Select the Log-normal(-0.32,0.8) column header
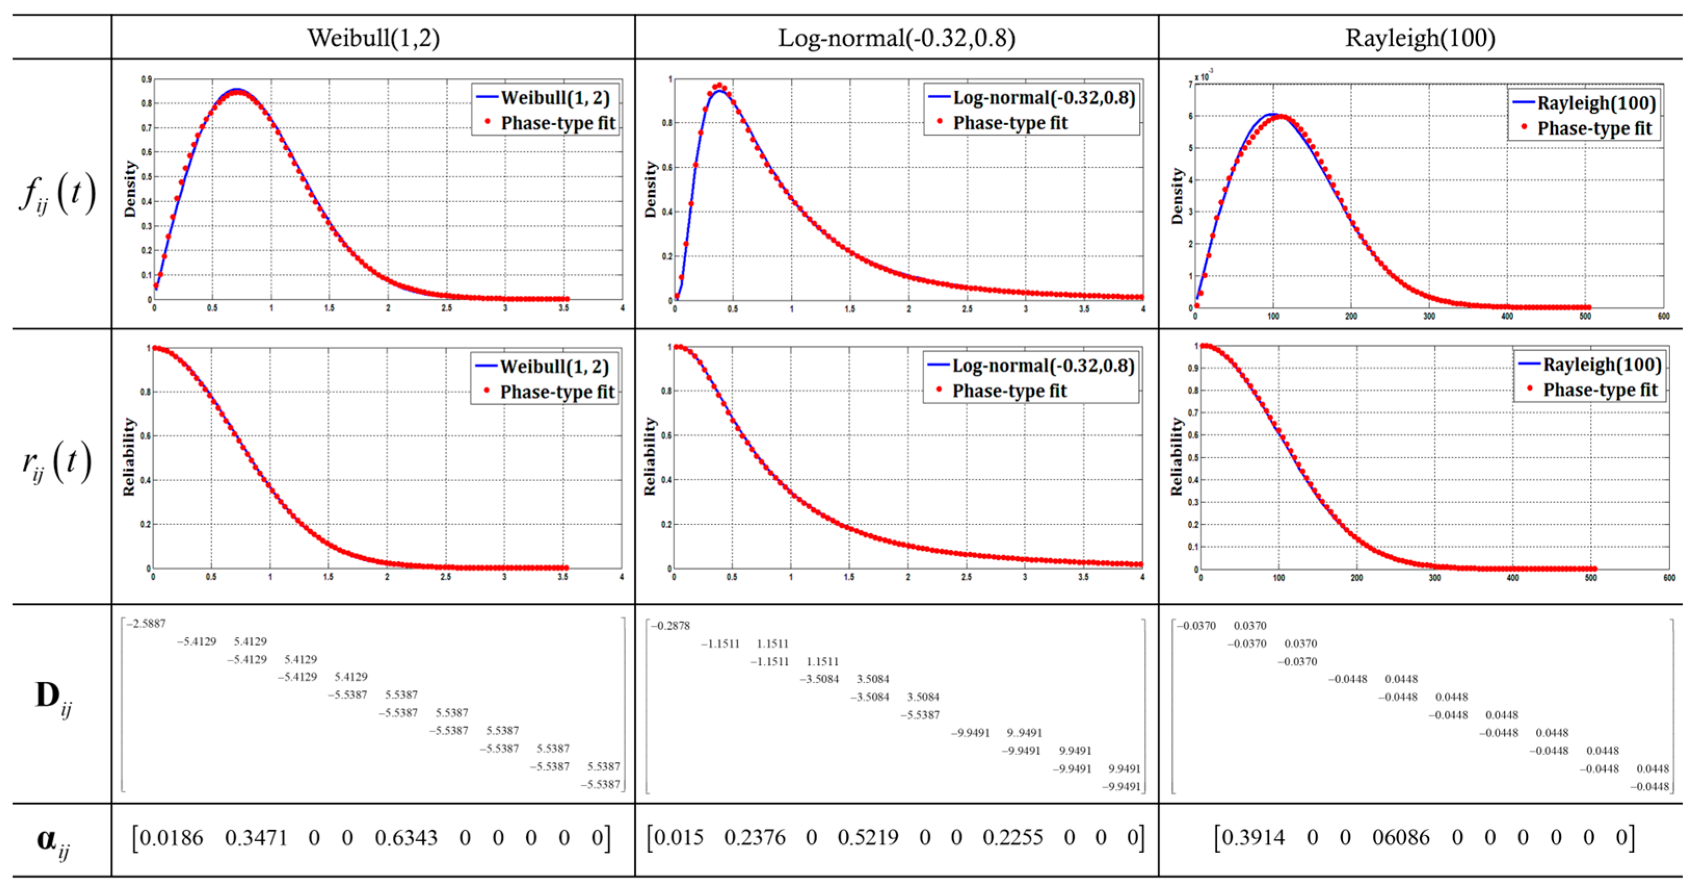pyautogui.click(x=897, y=38)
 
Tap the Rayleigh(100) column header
pyautogui.click(x=1420, y=38)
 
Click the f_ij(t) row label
pyautogui.click(x=58, y=194)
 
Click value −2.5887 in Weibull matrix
pyautogui.click(x=146, y=623)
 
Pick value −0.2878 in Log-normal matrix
pyautogui.click(x=671, y=625)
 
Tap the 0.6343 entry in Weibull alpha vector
pyautogui.click(x=405, y=838)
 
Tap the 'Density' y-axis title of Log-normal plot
pyautogui.click(x=650, y=189)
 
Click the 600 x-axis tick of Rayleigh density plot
pyautogui.click(x=1663, y=316)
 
